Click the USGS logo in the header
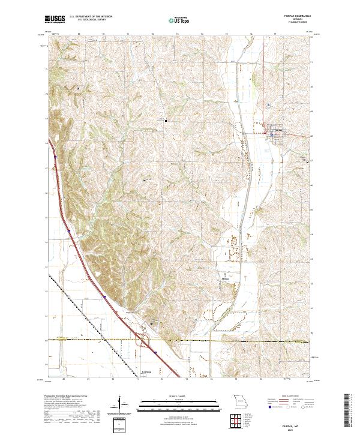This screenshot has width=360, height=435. [x=55, y=20]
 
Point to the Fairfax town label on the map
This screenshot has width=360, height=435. [x=278, y=129]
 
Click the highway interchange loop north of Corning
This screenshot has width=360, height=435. [x=144, y=342]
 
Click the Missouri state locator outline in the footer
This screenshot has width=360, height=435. [x=240, y=400]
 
